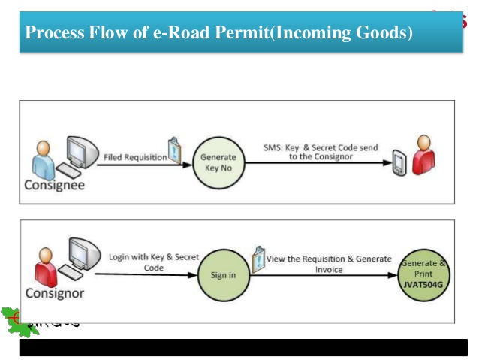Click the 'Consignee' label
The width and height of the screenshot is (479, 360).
click(53, 187)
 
